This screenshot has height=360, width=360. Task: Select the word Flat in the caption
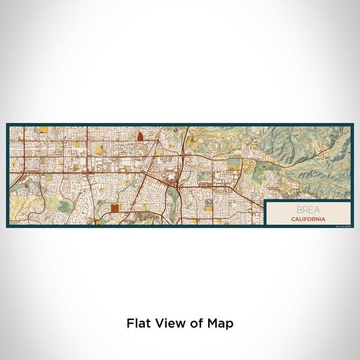(x=139, y=324)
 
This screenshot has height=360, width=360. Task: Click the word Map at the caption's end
(x=219, y=324)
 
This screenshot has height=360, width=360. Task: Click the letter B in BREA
(x=298, y=210)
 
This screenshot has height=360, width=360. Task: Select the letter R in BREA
(x=303, y=210)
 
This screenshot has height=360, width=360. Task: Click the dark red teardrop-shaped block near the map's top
(x=140, y=136)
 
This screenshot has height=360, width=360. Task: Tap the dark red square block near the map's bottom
(x=115, y=207)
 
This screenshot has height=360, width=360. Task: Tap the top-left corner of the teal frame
(x=8, y=125)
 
